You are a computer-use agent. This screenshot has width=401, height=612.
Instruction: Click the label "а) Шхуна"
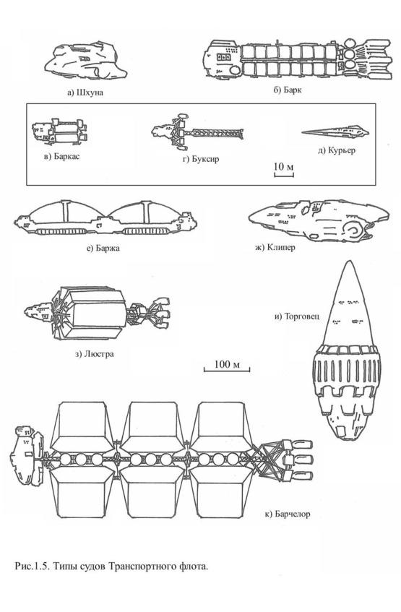coord(85,92)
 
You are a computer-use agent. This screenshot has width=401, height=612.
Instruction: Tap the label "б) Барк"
coord(288,90)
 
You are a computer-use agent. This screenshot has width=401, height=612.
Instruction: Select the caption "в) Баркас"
coord(61,157)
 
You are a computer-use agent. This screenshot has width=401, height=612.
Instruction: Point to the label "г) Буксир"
coord(201,159)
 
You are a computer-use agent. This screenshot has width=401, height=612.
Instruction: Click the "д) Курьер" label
coord(337,150)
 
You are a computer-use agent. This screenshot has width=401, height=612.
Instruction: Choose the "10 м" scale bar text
coord(283,167)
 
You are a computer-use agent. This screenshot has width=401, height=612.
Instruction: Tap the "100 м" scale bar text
coord(227,364)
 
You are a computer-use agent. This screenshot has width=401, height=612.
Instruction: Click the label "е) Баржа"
coord(103,248)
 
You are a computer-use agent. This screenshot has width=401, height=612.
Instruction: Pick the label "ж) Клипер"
coord(275,247)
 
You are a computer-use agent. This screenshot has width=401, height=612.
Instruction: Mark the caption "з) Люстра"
coord(94,354)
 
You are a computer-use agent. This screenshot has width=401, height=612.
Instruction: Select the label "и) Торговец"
coord(297,316)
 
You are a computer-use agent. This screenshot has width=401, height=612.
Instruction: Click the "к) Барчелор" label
coord(288,514)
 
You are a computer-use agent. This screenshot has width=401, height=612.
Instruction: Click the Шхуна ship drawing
coord(86,62)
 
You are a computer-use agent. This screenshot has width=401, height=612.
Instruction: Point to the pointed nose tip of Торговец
coord(350,261)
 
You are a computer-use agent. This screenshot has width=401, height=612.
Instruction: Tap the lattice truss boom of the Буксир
coord(214,134)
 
